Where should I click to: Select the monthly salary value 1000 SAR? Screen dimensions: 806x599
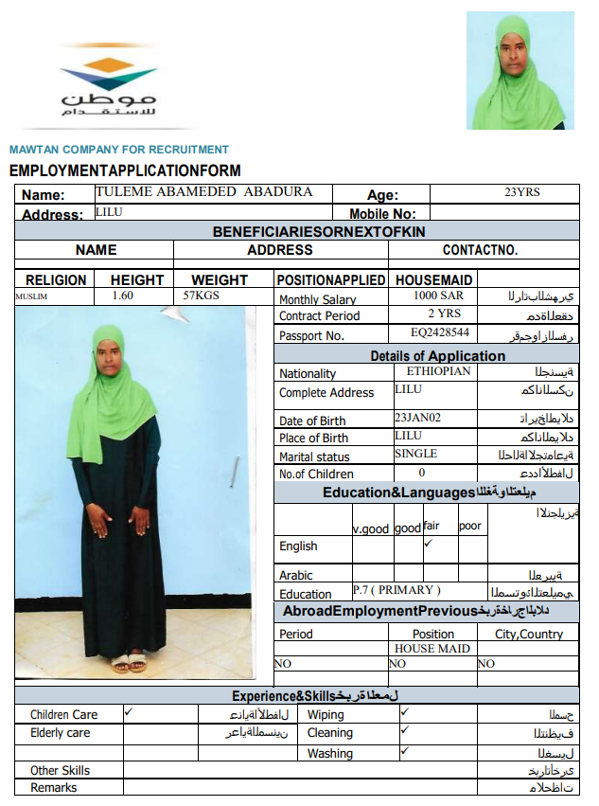pos(438,296)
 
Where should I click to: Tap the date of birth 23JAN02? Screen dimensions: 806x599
pos(417,417)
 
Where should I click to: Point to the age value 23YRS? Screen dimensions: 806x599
pos(522,192)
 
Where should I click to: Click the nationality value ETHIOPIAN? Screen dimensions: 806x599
pos(438,371)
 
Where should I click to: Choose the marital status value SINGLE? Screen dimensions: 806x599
pos(416,454)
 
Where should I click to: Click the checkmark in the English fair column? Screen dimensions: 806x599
pos(428,544)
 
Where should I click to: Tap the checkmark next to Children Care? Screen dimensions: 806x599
pos(129,710)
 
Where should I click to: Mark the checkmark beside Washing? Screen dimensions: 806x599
pos(404,750)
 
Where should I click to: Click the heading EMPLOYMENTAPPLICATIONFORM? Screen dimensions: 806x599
pos(125,171)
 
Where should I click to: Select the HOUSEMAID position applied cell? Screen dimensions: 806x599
pos(433,280)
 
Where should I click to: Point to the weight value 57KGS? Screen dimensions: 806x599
pos(201,296)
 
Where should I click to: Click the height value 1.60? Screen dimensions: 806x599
pos(123,296)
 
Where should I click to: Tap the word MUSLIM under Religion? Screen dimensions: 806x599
pos(31,296)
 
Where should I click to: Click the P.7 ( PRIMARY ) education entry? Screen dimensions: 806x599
pos(396,590)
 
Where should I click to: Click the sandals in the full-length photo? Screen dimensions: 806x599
pos(129,662)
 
